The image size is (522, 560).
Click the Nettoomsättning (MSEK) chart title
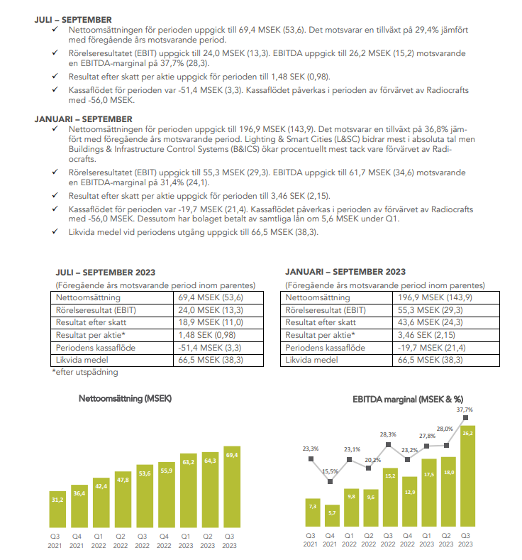[x=125, y=398]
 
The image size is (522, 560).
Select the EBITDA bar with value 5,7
[x=330, y=517]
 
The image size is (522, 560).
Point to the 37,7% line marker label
[x=465, y=410]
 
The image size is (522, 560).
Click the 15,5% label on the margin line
[x=330, y=471]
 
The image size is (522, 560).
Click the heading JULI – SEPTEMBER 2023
[x=106, y=272]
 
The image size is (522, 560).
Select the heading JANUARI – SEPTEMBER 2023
[x=345, y=272]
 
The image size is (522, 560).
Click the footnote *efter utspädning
[x=85, y=372]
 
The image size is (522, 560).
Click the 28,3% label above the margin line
[x=388, y=434]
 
